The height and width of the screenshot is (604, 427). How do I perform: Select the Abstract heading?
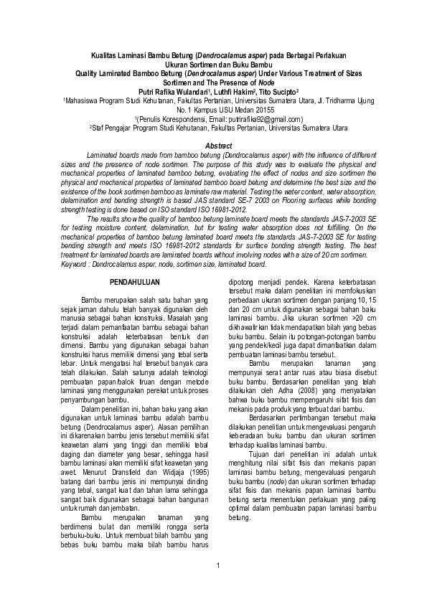213,146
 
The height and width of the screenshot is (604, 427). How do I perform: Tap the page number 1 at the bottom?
216,587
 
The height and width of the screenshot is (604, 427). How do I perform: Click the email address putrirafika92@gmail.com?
264,119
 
